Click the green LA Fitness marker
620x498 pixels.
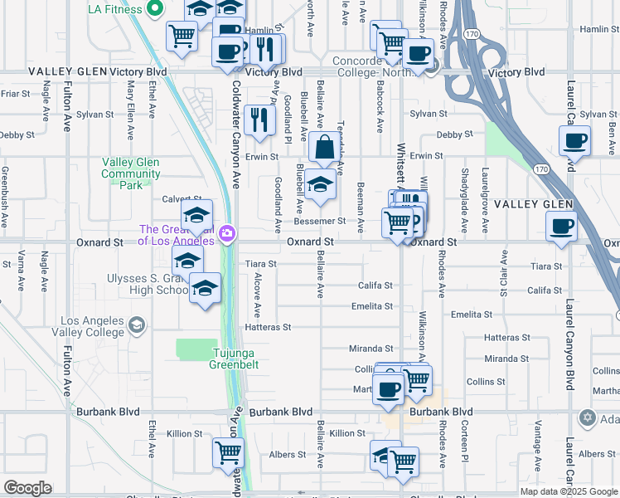coord(153,10)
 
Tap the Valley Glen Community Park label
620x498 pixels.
coord(131,174)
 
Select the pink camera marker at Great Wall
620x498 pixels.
coord(225,235)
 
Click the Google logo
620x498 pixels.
coord(27,488)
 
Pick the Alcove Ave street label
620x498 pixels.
coord(257,295)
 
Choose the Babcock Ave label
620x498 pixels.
coord(379,112)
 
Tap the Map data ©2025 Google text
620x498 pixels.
coord(568,491)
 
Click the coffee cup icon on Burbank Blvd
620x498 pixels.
coord(388,388)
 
